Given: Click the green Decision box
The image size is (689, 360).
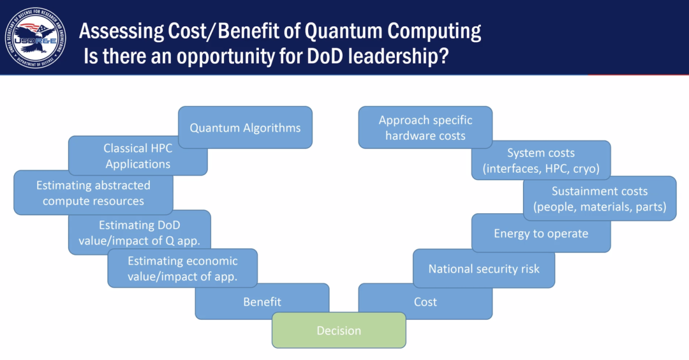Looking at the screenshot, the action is (339, 331).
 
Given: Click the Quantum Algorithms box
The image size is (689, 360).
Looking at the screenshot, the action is (245, 128).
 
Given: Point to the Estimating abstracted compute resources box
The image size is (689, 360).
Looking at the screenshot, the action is (93, 193).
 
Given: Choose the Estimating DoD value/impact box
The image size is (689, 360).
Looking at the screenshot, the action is (139, 232).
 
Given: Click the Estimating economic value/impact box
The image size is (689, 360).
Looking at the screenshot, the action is (182, 268).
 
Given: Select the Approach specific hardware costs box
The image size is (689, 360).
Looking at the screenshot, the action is (426, 127).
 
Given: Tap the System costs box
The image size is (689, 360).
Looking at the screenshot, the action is (541, 160).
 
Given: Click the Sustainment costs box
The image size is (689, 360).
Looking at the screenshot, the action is (600, 199).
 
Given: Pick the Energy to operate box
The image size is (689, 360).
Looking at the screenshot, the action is (541, 234).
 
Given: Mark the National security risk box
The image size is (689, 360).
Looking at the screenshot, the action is (484, 269).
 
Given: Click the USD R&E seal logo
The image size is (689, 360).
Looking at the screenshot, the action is (36, 38).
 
